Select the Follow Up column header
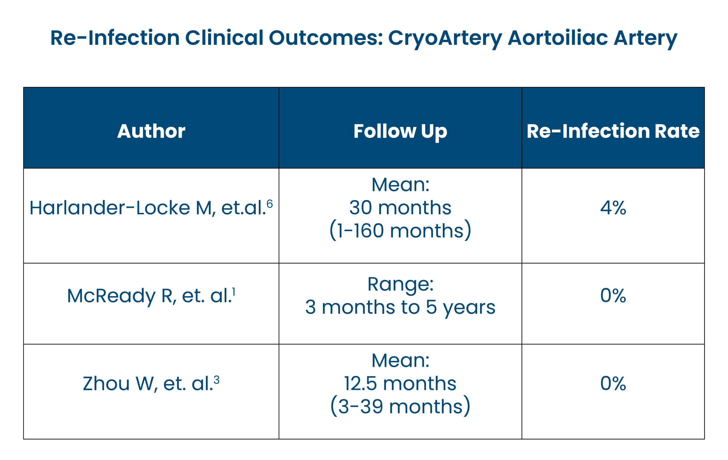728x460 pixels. pos(400,131)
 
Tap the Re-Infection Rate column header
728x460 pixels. pos(613,131)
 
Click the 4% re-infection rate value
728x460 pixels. pos(613,208)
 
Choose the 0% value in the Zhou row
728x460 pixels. pos(613,383)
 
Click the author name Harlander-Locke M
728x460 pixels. pos(121,208)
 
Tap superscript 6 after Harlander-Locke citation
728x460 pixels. pos(269,204)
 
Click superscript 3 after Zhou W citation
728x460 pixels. pos(216,380)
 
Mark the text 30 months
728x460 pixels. pos(400,208)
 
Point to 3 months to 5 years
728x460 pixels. pos(400,307)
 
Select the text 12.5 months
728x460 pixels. pos(400,384)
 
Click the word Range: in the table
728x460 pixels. pos(400,284)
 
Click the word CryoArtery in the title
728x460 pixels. pos(445,38)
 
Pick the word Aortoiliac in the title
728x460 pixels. pos(557,38)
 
